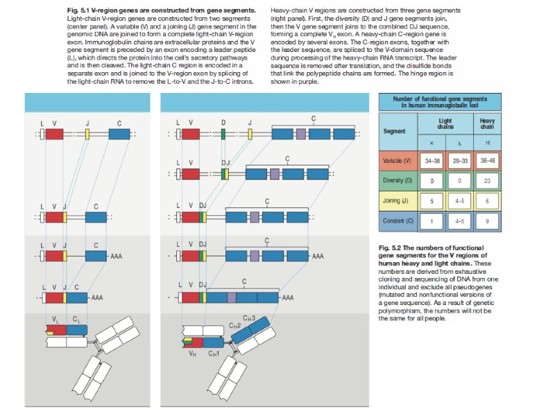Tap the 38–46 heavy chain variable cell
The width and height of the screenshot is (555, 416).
coord(488,160)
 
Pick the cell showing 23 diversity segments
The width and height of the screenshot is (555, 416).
coord(488,180)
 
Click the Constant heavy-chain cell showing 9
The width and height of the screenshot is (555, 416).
coord(488,221)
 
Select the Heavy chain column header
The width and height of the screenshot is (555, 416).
coord(487,123)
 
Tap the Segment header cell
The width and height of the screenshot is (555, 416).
coord(394,131)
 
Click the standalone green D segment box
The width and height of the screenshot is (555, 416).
coord(223,134)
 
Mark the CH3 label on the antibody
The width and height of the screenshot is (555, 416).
coord(248,318)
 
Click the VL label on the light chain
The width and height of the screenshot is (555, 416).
coord(55,318)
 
